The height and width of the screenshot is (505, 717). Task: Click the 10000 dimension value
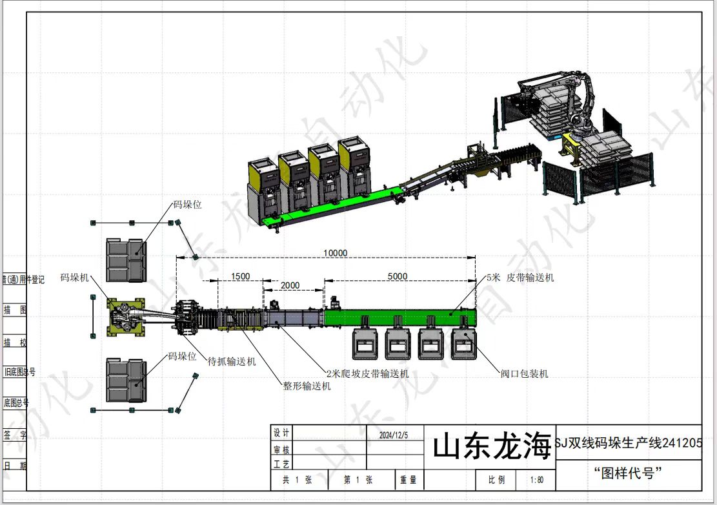click(335, 252)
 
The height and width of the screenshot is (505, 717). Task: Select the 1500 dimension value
click(239, 276)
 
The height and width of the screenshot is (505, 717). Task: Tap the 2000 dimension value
click(290, 285)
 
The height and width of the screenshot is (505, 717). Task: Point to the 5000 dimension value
click(397, 276)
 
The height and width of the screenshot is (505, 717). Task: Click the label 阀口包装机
click(525, 373)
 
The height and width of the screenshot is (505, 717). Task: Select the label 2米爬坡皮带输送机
click(367, 373)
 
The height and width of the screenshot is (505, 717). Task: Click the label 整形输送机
click(307, 386)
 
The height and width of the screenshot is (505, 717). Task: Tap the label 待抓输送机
click(231, 361)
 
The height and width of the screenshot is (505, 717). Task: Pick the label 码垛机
click(74, 277)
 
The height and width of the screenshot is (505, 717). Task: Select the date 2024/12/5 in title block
click(394, 435)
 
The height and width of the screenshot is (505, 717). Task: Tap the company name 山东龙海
click(492, 447)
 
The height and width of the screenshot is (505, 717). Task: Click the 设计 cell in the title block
click(282, 433)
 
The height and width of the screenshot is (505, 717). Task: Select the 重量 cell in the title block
click(408, 480)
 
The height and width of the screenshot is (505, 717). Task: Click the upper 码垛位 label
click(187, 205)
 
